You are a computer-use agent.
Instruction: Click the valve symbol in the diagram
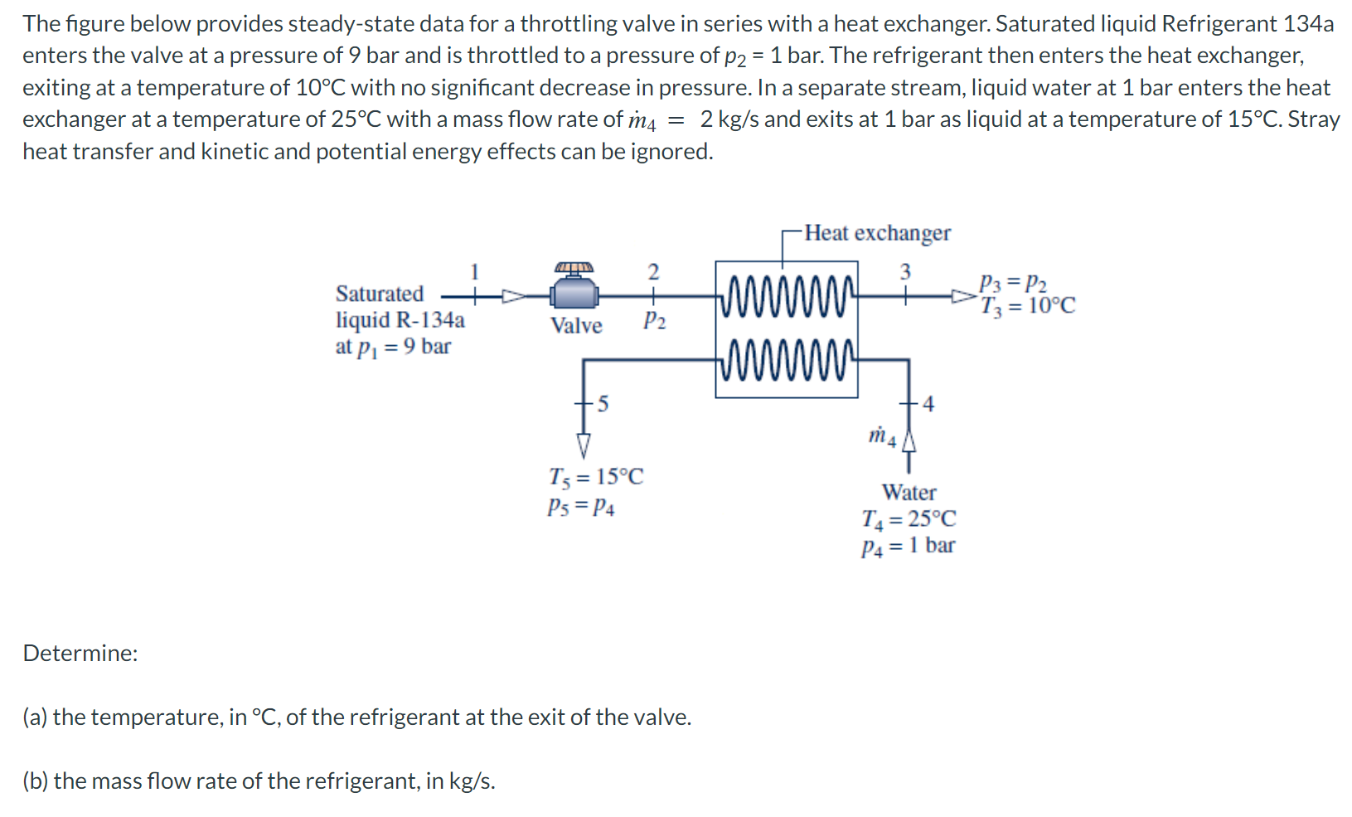(x=574, y=291)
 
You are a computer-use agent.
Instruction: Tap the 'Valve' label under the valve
(x=576, y=325)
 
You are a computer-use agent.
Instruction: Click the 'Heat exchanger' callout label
(x=878, y=233)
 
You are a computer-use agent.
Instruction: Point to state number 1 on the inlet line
(x=475, y=271)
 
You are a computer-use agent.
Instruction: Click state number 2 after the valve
(x=653, y=271)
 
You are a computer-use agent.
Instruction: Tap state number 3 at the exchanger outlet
(x=905, y=271)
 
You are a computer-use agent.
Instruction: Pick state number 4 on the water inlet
(x=928, y=404)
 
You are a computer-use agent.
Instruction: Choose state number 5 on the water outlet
(x=603, y=404)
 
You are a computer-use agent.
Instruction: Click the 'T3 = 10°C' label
(x=1028, y=306)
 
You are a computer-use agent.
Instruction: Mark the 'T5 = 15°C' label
(x=595, y=477)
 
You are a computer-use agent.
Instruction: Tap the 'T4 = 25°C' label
(x=909, y=519)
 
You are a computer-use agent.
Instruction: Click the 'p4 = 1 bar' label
(x=908, y=546)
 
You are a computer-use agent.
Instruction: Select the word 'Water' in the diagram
(x=909, y=493)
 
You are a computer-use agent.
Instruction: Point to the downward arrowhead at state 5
(x=584, y=445)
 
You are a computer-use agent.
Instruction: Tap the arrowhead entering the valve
(x=514, y=295)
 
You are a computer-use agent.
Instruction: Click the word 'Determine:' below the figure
(x=80, y=654)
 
